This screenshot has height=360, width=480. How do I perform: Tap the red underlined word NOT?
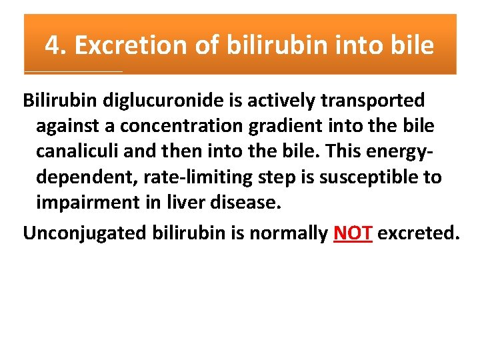[352, 233]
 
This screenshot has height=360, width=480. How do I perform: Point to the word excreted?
[419, 233]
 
